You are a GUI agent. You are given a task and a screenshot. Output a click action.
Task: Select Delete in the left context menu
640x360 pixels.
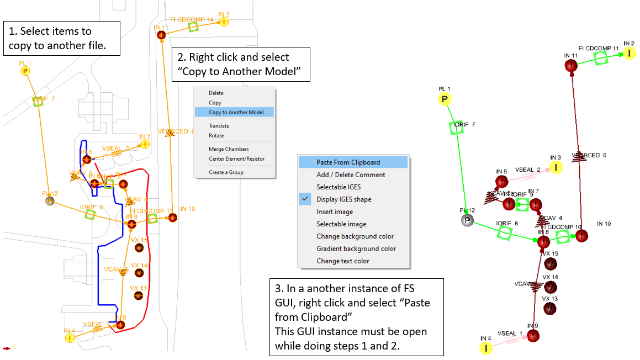click(216, 93)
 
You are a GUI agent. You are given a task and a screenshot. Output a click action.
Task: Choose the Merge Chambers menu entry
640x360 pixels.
click(229, 149)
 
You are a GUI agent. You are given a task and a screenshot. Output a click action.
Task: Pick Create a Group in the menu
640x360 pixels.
click(226, 172)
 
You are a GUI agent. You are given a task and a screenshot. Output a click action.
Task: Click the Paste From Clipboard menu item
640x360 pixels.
click(348, 162)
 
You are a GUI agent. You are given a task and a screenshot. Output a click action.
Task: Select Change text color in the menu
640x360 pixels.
click(342, 261)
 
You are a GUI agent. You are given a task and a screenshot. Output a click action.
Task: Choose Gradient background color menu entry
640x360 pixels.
click(356, 249)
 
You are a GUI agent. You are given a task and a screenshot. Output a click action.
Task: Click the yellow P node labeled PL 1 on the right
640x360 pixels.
click(445, 99)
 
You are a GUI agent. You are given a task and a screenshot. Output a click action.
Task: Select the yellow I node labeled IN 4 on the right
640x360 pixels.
click(486, 348)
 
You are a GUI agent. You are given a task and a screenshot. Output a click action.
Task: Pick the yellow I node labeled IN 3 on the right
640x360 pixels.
click(556, 167)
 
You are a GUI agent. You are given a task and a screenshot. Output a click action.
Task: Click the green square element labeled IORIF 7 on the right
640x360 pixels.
click(457, 128)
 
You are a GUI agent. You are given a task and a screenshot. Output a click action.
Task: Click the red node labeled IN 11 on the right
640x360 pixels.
click(571, 66)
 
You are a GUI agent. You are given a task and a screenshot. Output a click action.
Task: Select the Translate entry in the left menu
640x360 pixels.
click(219, 126)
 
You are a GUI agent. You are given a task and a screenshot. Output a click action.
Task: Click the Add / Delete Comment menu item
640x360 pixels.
click(351, 175)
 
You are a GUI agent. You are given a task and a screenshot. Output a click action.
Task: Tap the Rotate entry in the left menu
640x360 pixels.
click(216, 135)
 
